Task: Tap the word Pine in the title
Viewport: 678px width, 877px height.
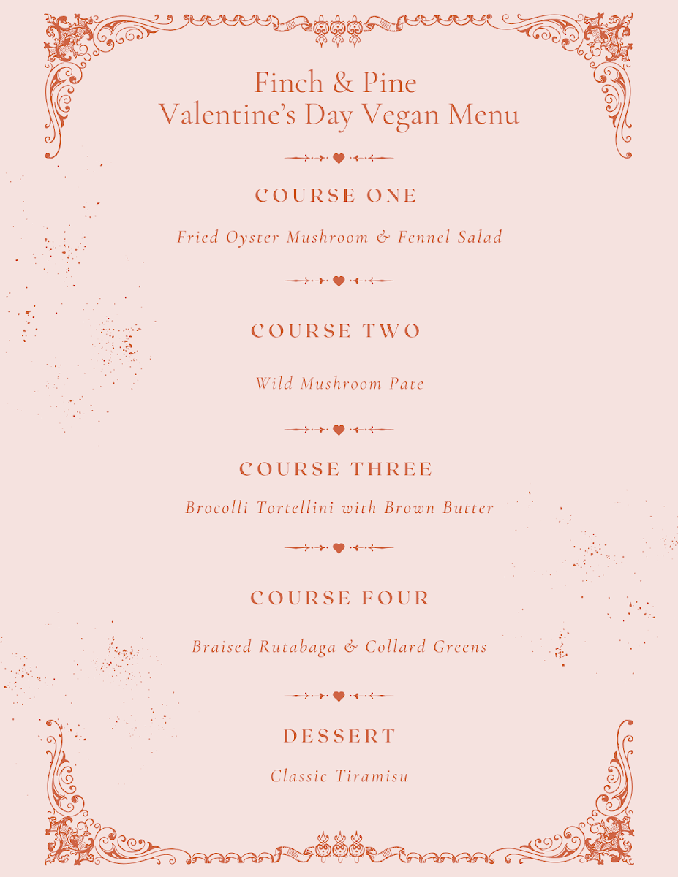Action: pyautogui.click(x=388, y=83)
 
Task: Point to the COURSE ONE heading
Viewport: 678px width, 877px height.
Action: pyautogui.click(x=336, y=196)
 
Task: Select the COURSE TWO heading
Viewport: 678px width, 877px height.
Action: pyautogui.click(x=336, y=331)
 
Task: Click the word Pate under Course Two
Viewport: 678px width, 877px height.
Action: pyautogui.click(x=406, y=384)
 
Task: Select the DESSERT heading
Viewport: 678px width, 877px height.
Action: pyautogui.click(x=339, y=737)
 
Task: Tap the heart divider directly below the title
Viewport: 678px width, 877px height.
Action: pyautogui.click(x=339, y=158)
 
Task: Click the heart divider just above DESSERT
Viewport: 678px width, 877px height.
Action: pyautogui.click(x=339, y=696)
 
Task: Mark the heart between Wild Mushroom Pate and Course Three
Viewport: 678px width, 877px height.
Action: pyautogui.click(x=339, y=430)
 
